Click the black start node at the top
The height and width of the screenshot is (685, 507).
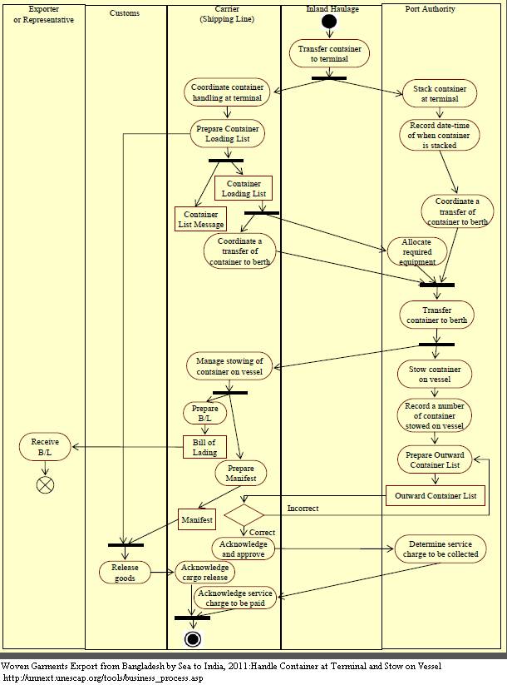pos(329,21)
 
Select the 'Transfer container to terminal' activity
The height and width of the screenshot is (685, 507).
pos(329,54)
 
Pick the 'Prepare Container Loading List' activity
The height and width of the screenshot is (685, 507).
pos(227,133)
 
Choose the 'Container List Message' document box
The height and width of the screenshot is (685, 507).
pos(199,219)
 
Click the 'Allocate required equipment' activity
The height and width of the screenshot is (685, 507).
pos(416,251)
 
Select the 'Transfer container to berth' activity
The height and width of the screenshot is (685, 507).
pos(438,314)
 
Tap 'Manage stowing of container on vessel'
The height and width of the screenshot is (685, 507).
pos(229,366)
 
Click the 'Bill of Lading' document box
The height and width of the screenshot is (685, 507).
pos(204,447)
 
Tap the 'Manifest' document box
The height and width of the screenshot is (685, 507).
pos(196,520)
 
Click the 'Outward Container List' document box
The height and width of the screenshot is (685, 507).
pos(436,496)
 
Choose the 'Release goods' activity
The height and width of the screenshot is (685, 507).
pos(125,573)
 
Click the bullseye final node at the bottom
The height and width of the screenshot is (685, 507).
pos(193,638)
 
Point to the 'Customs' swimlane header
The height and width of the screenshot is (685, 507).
pos(125,13)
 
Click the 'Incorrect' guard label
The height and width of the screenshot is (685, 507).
pos(303,507)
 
